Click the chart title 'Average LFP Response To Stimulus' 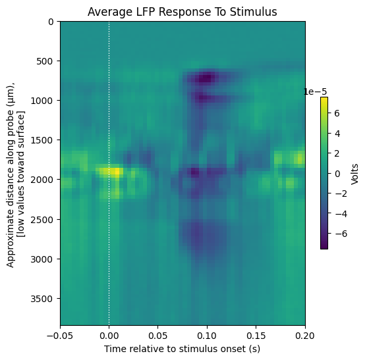tap(183, 12)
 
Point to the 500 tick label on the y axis tap(45, 61)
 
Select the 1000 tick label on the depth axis tap(42, 101)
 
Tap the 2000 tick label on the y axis tap(42, 180)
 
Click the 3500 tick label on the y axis tap(42, 299)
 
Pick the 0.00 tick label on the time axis tap(109, 336)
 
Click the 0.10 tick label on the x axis tap(207, 336)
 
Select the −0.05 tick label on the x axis tap(60, 336)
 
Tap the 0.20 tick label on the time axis tap(305, 336)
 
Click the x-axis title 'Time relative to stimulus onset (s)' tap(182, 349)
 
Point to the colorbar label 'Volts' tap(355, 174)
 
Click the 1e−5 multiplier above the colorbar tap(315, 92)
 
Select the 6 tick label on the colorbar tap(337, 113)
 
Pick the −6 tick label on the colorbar tap(341, 234)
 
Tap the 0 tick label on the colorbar tap(337, 174)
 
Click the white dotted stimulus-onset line tap(109, 173)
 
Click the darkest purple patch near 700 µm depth tap(206, 78)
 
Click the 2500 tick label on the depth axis tap(42, 220)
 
